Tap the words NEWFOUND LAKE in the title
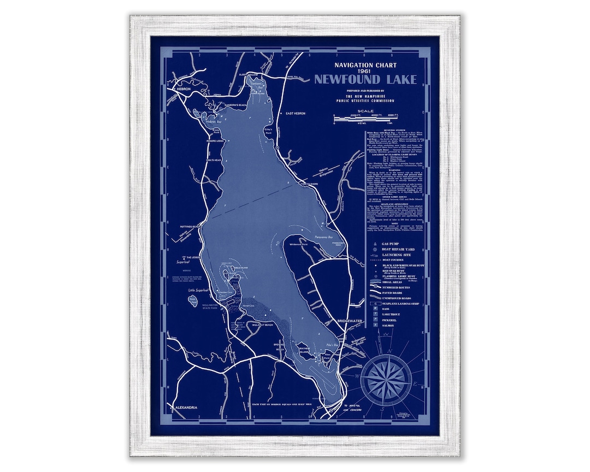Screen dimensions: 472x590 click(365, 80)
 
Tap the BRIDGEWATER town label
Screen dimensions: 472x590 click(350, 321)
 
